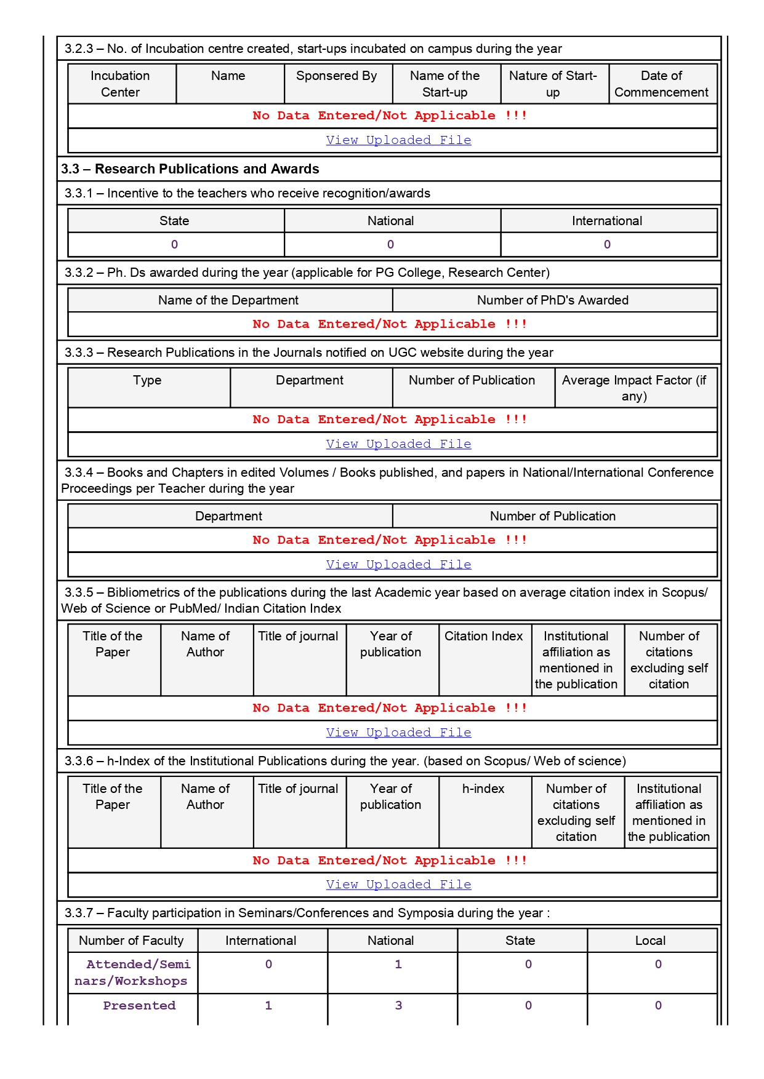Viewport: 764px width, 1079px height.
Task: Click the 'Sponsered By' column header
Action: click(336, 76)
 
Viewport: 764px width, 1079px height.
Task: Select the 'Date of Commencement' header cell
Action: click(661, 84)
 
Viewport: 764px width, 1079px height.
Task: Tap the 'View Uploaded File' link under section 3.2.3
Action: click(398, 140)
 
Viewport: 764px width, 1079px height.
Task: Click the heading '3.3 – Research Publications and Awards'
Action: click(190, 169)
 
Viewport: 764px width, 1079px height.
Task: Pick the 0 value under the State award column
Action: click(175, 244)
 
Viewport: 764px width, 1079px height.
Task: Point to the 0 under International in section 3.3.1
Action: click(607, 244)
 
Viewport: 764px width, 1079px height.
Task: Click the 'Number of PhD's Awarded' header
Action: click(552, 300)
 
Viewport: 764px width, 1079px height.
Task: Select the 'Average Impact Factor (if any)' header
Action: click(634, 388)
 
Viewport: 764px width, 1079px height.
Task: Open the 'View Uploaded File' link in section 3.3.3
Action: click(398, 444)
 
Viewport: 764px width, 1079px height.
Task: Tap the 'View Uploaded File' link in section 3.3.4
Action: click(398, 565)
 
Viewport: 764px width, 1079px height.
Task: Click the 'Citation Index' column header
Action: click(483, 636)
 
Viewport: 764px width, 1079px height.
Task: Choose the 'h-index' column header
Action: click(483, 789)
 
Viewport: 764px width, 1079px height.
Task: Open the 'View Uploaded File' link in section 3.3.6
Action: click(398, 885)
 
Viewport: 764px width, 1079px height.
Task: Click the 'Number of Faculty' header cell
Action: click(131, 941)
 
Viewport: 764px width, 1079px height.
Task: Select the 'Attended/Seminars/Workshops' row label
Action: click(132, 973)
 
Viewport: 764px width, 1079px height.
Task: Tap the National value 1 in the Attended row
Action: click(398, 965)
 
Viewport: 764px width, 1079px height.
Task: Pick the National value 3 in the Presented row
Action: click(398, 1006)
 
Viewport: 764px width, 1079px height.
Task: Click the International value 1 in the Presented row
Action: click(268, 1006)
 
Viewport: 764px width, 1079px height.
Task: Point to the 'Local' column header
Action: click(650, 941)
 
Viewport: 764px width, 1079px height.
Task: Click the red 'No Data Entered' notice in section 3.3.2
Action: click(390, 324)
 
